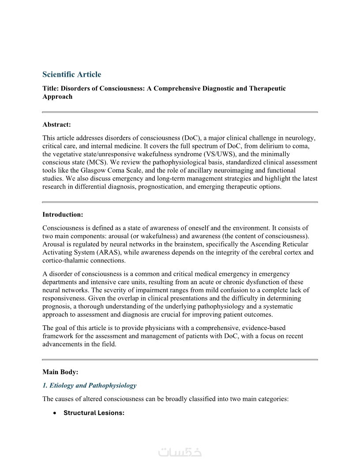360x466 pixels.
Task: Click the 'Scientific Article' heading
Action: pyautogui.click(x=71, y=75)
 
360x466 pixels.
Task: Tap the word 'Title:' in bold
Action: pyautogui.click(x=51, y=88)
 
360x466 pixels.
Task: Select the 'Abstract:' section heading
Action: pyautogui.click(x=56, y=124)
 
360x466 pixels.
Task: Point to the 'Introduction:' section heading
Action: pyautogui.click(x=63, y=214)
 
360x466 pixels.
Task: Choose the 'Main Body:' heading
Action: pyautogui.click(x=60, y=372)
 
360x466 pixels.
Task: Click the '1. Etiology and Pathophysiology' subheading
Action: pyautogui.click(x=89, y=385)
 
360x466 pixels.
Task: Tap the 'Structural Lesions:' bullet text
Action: pyautogui.click(x=94, y=413)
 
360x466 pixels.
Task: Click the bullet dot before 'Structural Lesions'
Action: pyautogui.click(x=54, y=413)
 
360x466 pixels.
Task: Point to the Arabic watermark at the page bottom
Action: pyautogui.click(x=180, y=452)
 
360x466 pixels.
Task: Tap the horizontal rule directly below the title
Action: pyautogui.click(x=180, y=112)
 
